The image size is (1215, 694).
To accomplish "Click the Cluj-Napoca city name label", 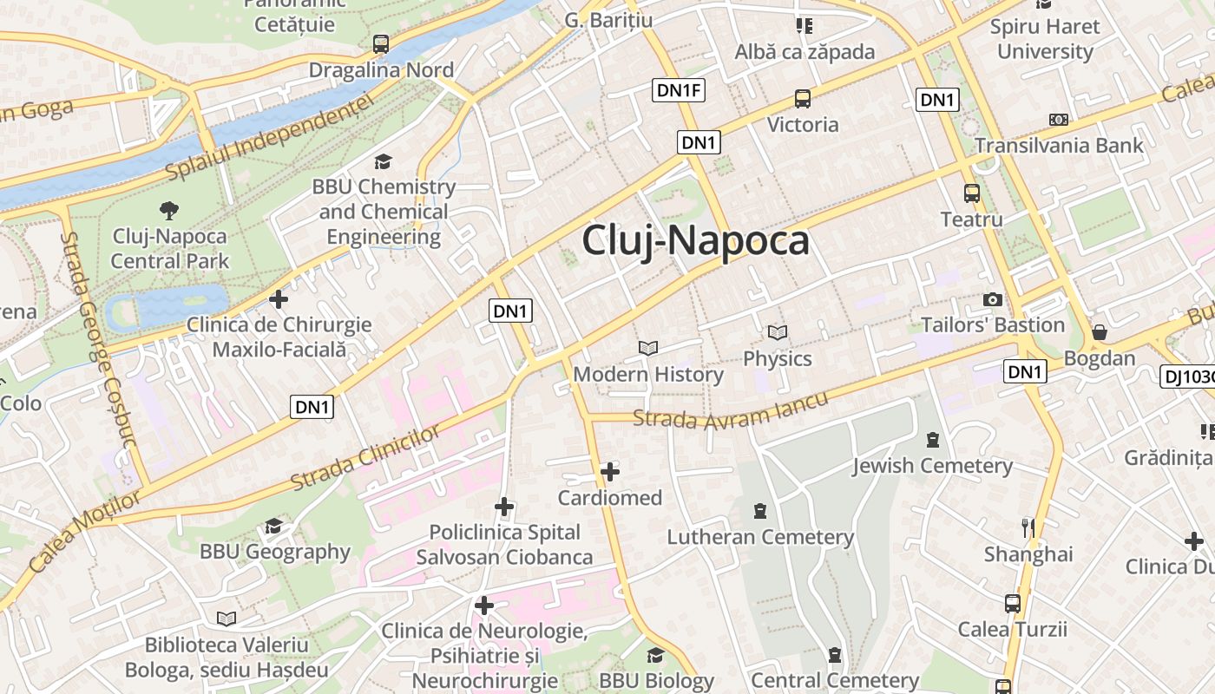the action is click(695, 240).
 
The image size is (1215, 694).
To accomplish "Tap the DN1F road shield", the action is click(679, 89).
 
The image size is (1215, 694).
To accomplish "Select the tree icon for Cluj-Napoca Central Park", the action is click(169, 209).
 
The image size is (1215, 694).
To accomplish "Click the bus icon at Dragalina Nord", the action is click(380, 44).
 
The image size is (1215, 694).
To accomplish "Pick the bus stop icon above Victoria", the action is click(803, 99).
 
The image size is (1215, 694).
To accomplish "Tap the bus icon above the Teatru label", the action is click(971, 193).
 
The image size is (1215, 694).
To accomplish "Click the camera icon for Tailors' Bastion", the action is click(992, 300).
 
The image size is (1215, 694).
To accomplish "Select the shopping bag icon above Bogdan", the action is click(1099, 332).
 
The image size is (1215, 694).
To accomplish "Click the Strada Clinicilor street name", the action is click(365, 458).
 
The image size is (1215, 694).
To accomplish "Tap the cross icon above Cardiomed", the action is click(610, 472).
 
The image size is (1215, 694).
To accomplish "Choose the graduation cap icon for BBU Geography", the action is click(274, 526).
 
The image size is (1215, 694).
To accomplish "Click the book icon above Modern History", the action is click(648, 348).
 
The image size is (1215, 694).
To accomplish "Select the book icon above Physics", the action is click(777, 332).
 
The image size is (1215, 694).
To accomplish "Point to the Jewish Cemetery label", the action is click(932, 466).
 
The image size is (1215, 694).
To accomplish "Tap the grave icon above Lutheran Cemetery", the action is click(760, 510).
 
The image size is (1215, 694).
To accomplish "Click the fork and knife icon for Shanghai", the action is click(1028, 527).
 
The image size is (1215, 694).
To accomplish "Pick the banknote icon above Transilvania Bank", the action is click(1058, 119).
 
